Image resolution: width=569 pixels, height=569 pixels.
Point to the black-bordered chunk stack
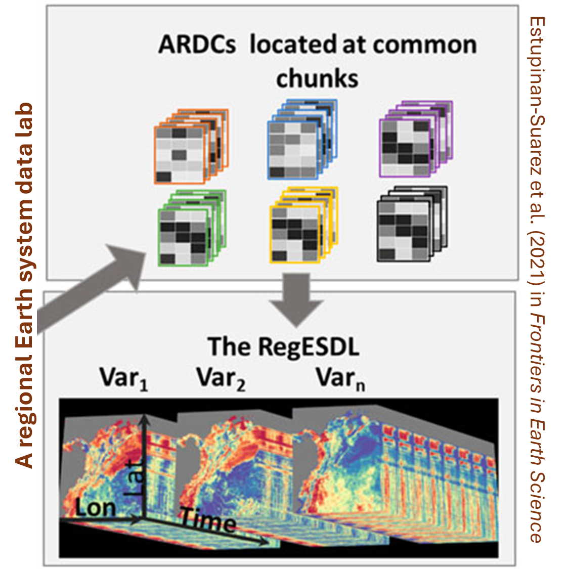click(411, 225)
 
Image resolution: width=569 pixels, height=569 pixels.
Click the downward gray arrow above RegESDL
click(296, 299)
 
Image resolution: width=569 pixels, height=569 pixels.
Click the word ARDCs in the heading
click(197, 45)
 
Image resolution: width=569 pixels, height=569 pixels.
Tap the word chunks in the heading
click(317, 78)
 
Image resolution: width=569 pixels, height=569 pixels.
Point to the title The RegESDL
click(283, 347)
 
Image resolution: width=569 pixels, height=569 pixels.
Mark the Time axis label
click(208, 521)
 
